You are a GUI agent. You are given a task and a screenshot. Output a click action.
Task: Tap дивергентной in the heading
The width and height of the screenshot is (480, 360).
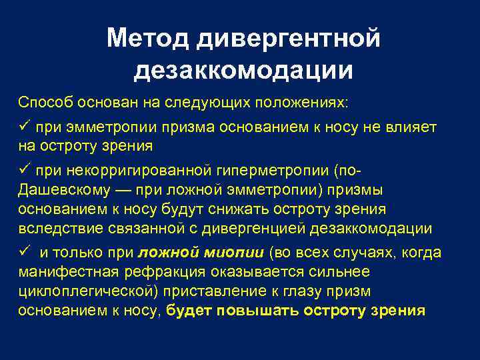coord(288,38)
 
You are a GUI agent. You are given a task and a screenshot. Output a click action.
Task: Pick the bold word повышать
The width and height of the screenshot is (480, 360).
coord(256,311)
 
